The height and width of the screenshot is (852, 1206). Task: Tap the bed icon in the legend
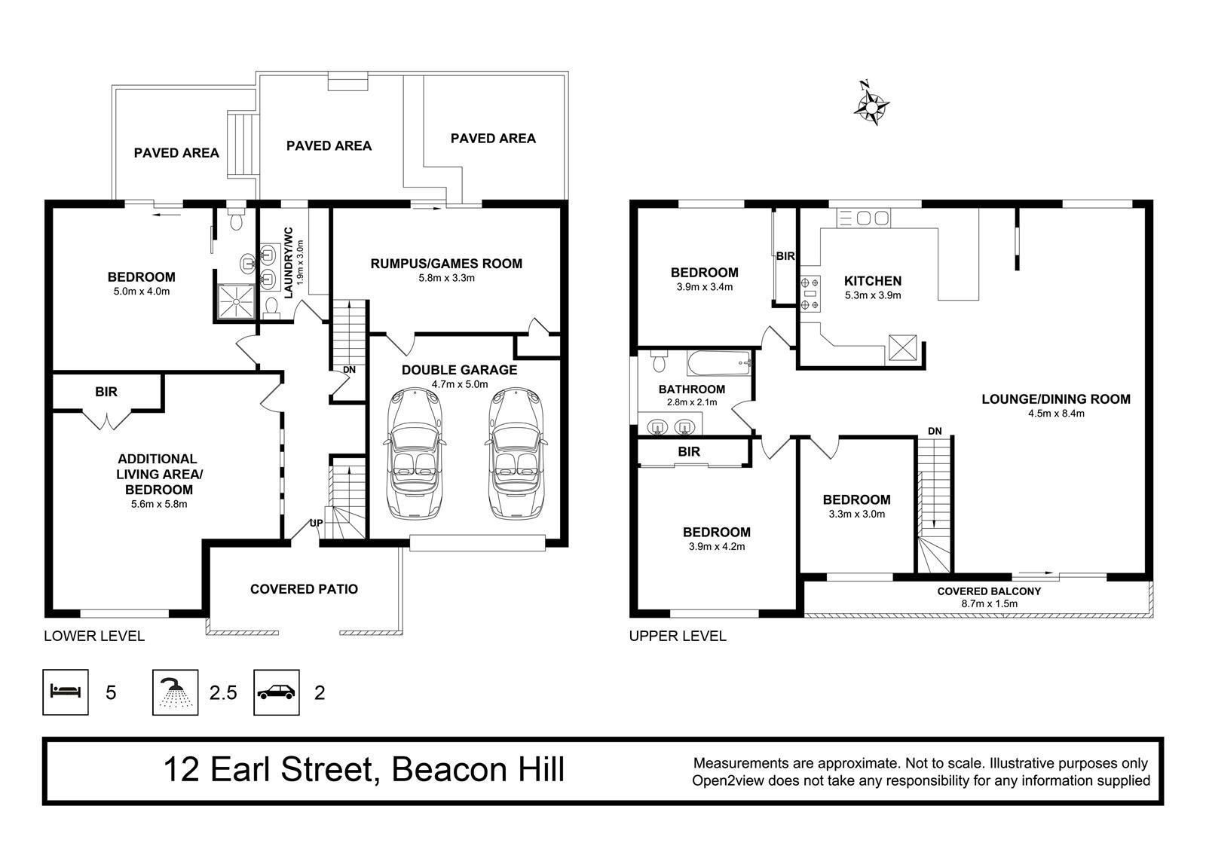click(x=65, y=692)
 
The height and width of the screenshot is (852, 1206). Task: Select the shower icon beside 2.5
click(x=175, y=692)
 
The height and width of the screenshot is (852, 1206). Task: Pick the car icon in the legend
click(x=276, y=692)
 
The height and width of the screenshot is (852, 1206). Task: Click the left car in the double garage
click(x=415, y=453)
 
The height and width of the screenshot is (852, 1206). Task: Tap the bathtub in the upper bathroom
click(x=719, y=363)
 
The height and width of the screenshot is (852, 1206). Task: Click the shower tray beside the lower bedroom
click(x=235, y=302)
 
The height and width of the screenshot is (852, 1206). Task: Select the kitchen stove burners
click(x=810, y=293)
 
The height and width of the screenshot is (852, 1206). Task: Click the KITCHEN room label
click(x=873, y=280)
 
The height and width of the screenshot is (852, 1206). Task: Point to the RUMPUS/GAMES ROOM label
click(x=446, y=263)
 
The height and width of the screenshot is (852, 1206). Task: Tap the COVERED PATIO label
click(x=305, y=589)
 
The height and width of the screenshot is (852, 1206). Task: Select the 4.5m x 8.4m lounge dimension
click(x=1056, y=414)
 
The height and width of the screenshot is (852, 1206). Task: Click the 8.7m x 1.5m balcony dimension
click(x=990, y=603)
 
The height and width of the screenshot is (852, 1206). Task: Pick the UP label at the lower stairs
click(x=317, y=523)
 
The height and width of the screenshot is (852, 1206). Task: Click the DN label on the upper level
click(x=935, y=431)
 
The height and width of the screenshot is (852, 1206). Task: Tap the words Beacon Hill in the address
click(x=478, y=769)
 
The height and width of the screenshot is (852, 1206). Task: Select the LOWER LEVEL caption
click(x=94, y=636)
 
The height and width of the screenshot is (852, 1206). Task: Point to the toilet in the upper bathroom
click(x=659, y=361)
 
